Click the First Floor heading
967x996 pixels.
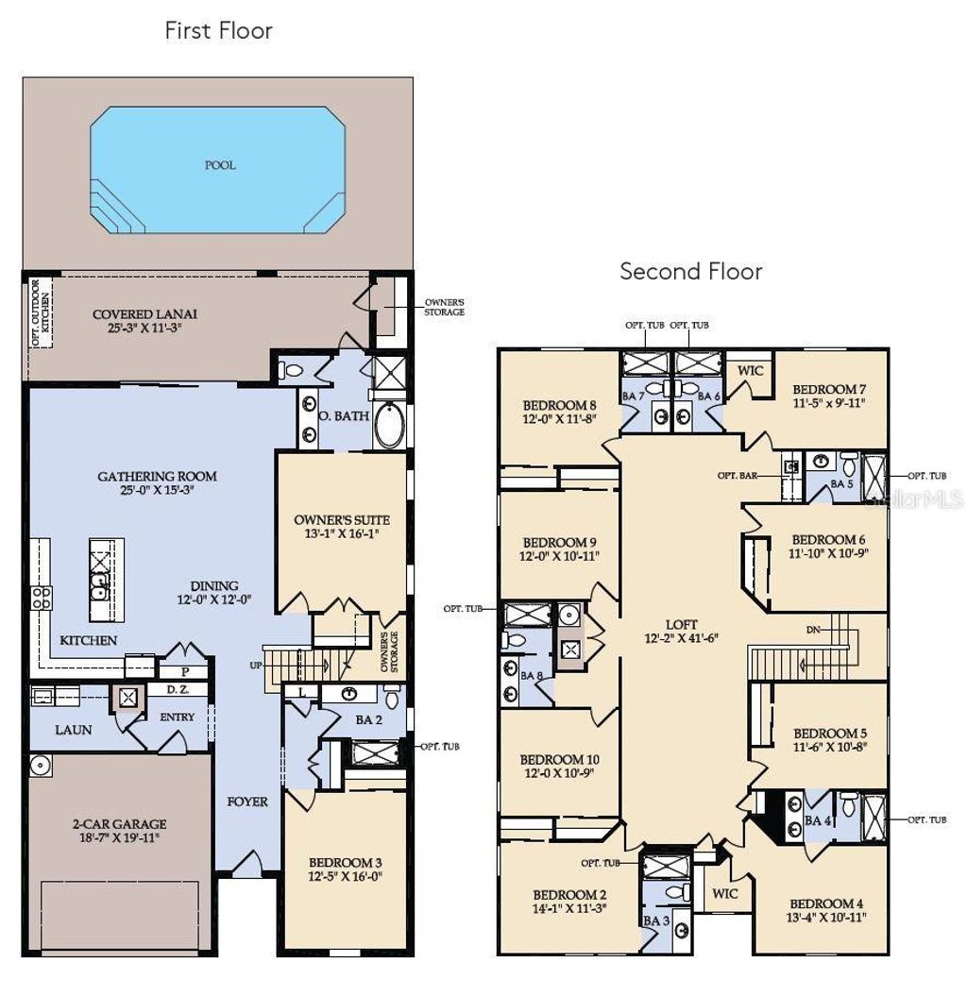(x=218, y=30)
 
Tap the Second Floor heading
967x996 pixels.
(x=690, y=272)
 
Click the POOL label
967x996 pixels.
(x=220, y=165)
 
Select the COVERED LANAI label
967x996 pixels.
(x=145, y=314)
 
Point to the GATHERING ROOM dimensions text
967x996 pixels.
(x=158, y=490)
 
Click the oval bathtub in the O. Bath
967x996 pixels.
(x=388, y=426)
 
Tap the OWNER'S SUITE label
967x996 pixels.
(x=342, y=520)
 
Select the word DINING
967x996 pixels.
(x=213, y=585)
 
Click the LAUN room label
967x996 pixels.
(x=73, y=730)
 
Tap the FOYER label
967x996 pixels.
(x=247, y=802)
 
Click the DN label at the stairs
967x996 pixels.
(x=813, y=630)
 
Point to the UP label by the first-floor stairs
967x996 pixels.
(x=255, y=666)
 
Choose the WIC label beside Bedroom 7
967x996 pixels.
(x=750, y=371)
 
